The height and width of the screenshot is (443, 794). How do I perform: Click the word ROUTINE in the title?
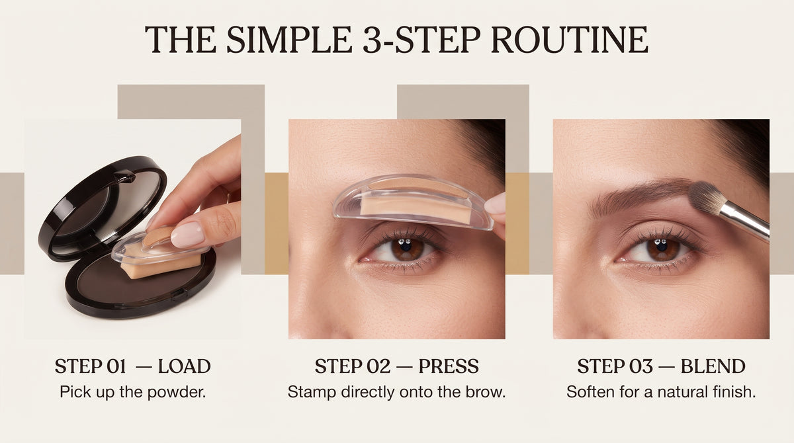[x=570, y=39]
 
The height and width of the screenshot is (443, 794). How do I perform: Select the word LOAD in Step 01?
[x=185, y=366]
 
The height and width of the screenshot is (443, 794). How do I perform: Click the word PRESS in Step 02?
[x=449, y=366]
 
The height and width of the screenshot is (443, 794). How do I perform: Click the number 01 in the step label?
[x=116, y=366]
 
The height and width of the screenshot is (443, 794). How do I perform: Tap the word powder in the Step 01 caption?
[x=177, y=392]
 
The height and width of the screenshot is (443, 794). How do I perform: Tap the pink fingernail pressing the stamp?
[x=187, y=234]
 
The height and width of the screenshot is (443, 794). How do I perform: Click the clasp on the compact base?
[x=180, y=295]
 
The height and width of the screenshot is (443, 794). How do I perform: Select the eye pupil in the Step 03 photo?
[x=662, y=245]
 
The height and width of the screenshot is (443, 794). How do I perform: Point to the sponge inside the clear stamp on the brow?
[x=415, y=209]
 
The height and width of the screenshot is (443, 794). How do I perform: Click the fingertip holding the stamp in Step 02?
[x=496, y=204]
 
